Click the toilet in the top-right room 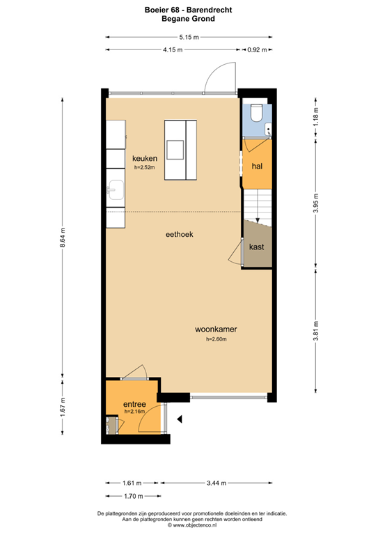[256, 112]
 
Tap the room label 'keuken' [145, 159]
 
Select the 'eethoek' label [179, 235]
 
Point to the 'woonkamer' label [216, 329]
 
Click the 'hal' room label [256, 166]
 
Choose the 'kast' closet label [256, 247]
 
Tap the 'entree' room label [134, 404]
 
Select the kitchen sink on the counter [116, 190]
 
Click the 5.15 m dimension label [189, 37]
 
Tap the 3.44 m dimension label [215, 483]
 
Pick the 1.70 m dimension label [132, 496]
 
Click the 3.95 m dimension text [315, 206]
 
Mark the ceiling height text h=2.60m [216, 340]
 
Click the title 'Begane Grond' [189, 20]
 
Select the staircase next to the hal [256, 206]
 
